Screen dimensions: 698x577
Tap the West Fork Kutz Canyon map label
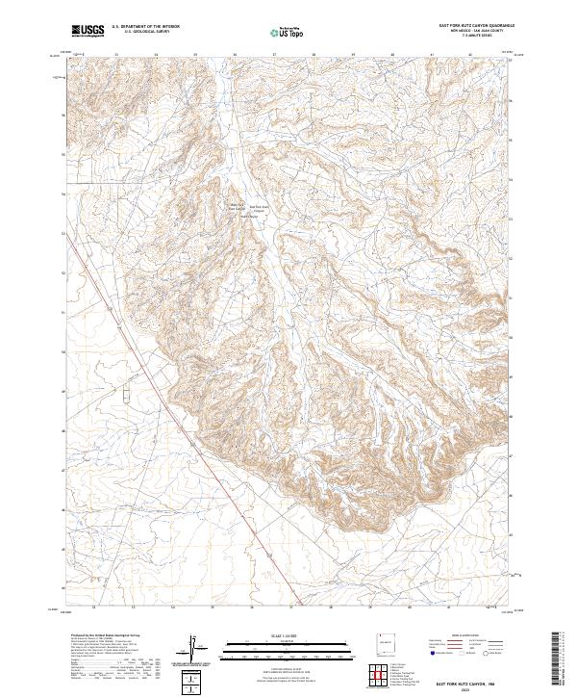pos(237,206)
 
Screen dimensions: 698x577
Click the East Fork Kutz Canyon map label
pos(260,208)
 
